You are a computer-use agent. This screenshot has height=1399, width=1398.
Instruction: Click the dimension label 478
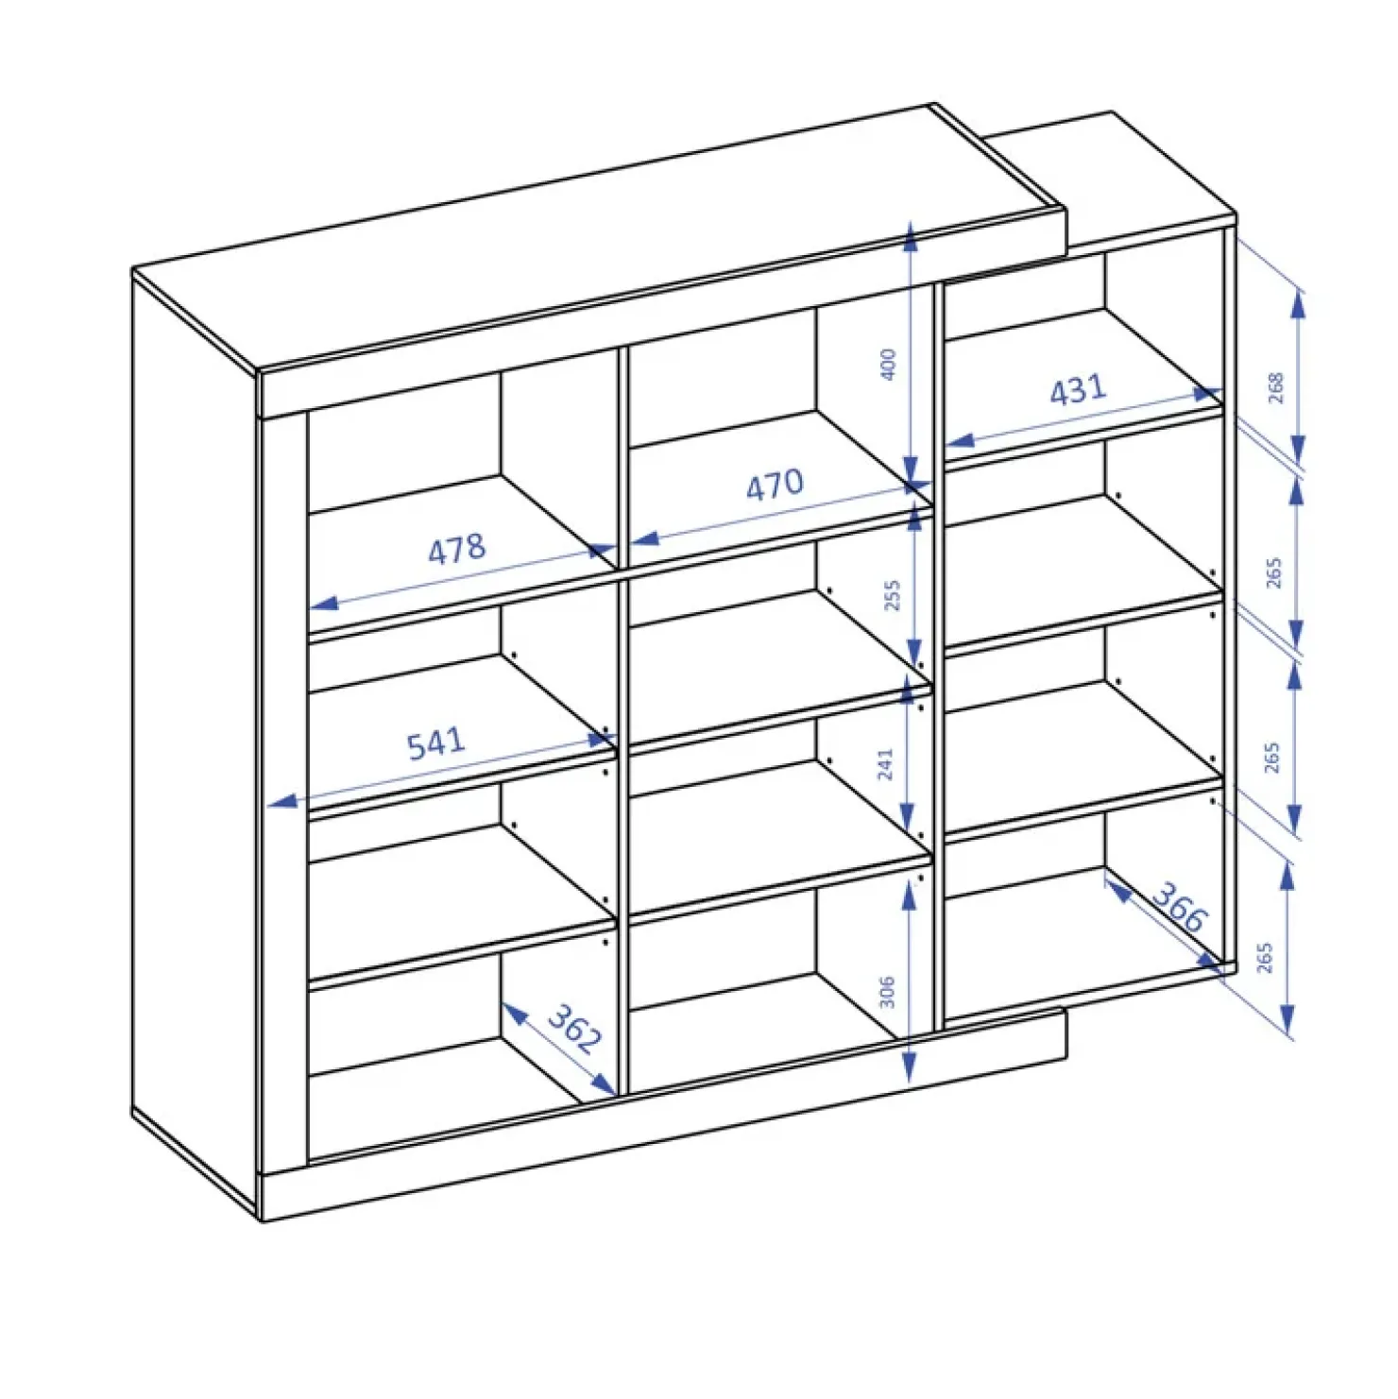click(x=457, y=549)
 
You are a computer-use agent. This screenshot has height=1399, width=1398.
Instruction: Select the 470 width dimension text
click(x=775, y=486)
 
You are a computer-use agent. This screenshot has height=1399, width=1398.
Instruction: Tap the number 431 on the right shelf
click(x=1078, y=389)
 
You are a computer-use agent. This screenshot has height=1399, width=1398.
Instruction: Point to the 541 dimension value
click(x=435, y=743)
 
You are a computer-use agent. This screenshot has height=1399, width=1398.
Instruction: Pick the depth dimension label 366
click(x=1180, y=907)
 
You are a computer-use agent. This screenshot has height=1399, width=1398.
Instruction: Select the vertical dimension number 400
click(x=888, y=365)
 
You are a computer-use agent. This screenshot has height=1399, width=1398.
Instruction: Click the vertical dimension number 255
click(x=892, y=596)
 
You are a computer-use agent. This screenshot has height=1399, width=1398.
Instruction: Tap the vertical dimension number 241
click(x=885, y=764)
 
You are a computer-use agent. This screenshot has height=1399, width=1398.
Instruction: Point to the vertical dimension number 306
click(x=887, y=992)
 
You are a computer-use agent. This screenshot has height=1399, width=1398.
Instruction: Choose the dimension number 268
click(x=1276, y=388)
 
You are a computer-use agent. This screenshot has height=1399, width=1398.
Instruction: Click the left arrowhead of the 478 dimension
click(x=323, y=603)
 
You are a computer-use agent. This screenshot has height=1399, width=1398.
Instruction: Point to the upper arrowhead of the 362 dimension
click(x=513, y=1013)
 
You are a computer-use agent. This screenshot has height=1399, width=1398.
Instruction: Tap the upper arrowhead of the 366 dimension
click(x=1117, y=888)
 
